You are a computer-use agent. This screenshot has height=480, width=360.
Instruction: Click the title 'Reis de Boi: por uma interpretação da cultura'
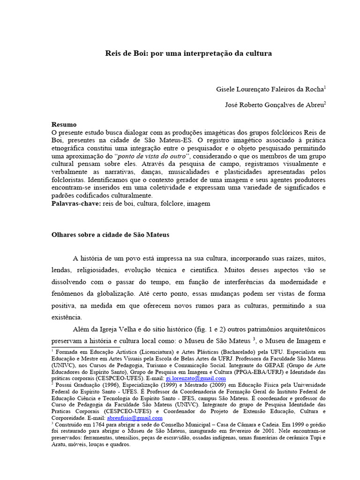[188, 53]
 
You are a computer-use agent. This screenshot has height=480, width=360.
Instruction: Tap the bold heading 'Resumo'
[64, 125]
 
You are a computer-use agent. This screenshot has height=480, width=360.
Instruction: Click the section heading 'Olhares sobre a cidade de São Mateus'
[110, 235]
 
